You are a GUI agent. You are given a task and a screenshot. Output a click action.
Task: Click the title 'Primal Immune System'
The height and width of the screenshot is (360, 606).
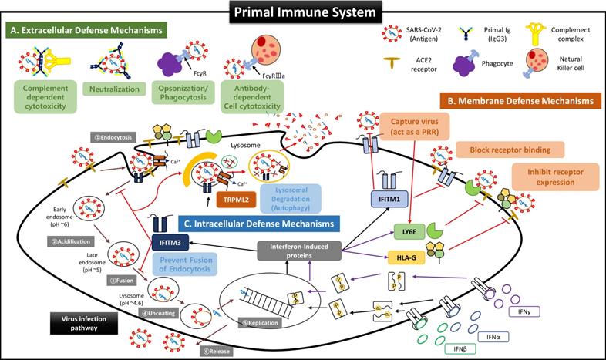click(x=302, y=12)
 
